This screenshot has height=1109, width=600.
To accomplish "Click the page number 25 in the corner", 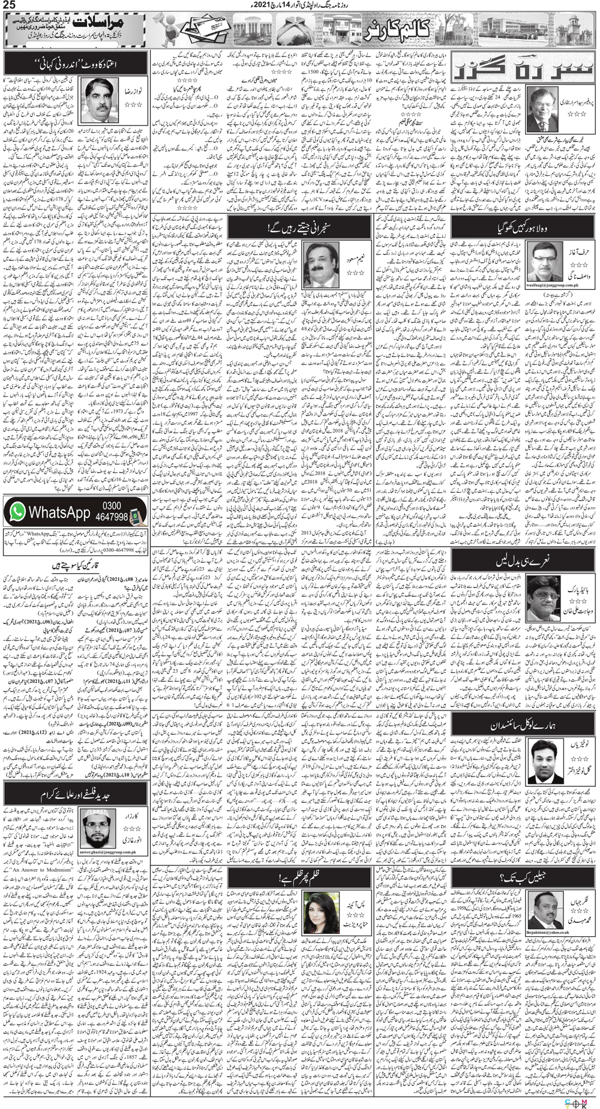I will (10, 7).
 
